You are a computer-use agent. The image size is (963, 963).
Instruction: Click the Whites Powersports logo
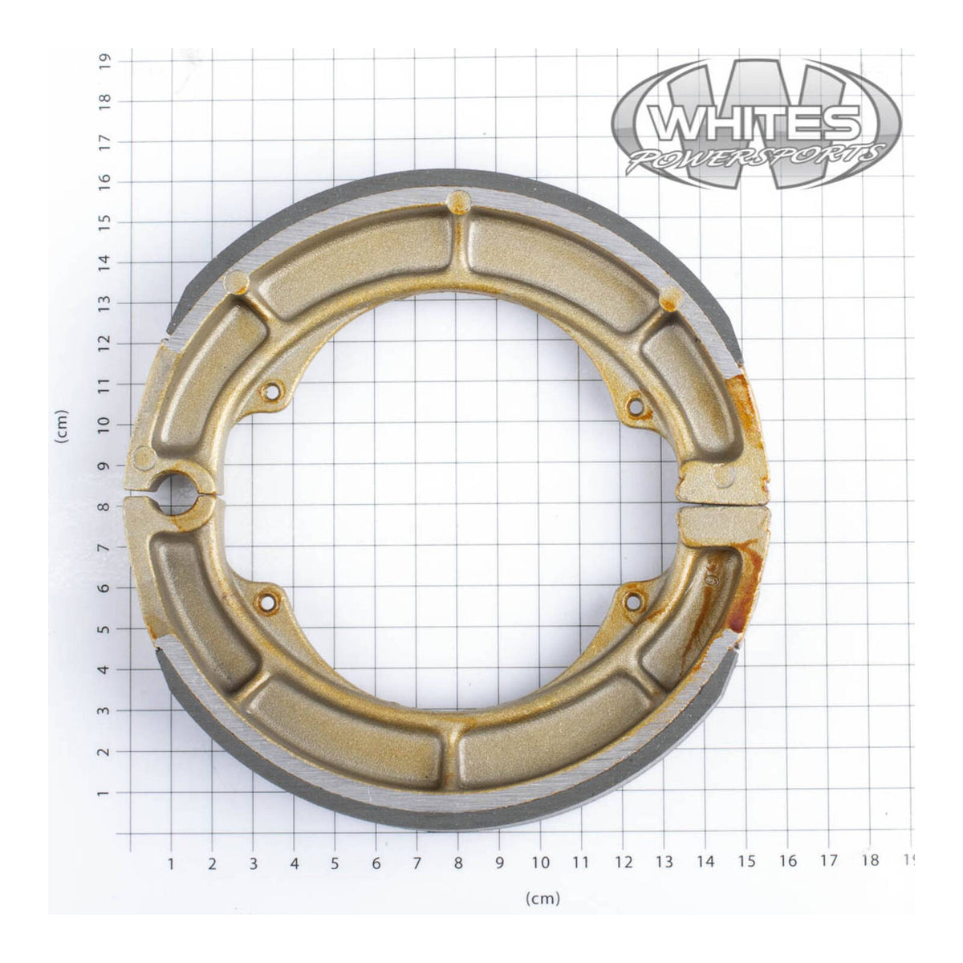coord(756,124)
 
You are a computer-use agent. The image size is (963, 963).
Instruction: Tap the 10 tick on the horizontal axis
coord(540,863)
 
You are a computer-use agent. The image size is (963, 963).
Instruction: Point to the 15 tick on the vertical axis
coord(104,222)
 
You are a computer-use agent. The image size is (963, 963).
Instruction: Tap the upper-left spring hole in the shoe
coord(271,392)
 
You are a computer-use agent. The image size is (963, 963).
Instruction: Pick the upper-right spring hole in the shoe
coord(636,407)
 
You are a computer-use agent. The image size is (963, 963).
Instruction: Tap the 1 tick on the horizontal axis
coord(171,863)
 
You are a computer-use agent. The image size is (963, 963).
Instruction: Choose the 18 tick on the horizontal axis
coord(869,860)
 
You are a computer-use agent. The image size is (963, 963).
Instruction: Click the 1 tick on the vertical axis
coord(104,792)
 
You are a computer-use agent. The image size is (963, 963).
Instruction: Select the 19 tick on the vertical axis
coord(104,61)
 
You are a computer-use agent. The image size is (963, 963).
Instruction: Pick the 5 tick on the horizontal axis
coord(335,863)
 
